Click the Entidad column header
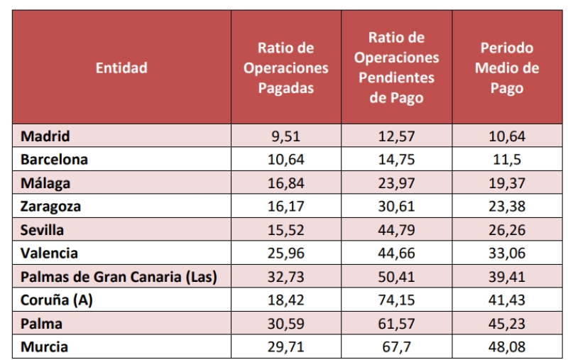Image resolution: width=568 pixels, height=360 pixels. (x=121, y=68)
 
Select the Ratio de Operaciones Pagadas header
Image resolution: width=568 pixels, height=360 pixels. (x=285, y=68)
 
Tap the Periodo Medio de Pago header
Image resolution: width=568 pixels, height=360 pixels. (x=507, y=68)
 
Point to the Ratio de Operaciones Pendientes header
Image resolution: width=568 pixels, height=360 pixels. (x=396, y=68)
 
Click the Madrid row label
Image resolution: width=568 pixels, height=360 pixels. (x=45, y=136)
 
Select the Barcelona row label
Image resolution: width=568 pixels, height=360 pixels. (x=54, y=160)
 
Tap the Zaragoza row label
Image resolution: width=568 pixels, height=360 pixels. (x=50, y=207)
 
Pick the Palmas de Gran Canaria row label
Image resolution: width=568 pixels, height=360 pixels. (x=119, y=277)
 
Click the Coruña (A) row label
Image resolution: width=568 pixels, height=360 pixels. (x=57, y=300)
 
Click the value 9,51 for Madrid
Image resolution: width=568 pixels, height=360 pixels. (x=285, y=136)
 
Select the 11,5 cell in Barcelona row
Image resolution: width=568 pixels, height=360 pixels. (x=507, y=160)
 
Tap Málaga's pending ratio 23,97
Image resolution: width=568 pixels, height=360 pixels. (x=396, y=183)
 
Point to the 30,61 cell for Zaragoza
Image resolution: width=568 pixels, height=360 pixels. (x=396, y=207)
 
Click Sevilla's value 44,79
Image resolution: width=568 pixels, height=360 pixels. (x=396, y=230)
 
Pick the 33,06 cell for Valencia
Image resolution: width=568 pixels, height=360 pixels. (x=507, y=253)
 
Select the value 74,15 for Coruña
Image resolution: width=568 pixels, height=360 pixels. (x=396, y=300)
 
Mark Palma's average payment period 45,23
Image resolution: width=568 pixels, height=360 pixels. (x=507, y=324)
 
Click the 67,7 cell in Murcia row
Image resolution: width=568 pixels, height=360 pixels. (x=396, y=347)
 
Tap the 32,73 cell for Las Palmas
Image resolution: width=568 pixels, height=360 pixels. (x=285, y=277)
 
